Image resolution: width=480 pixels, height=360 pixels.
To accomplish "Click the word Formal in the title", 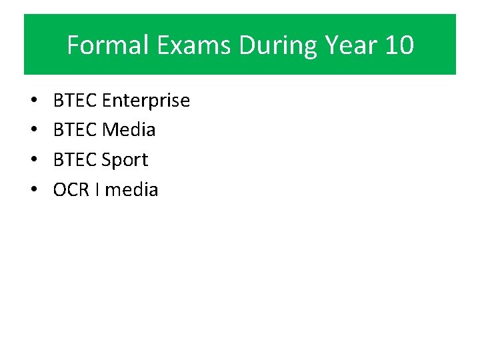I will (x=99, y=46).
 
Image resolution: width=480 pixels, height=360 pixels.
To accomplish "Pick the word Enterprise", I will (x=146, y=101).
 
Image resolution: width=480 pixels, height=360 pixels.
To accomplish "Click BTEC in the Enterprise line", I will (x=75, y=101).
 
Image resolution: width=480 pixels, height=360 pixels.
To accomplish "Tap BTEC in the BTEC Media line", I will (x=75, y=130).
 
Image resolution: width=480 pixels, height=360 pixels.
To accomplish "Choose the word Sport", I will (x=125, y=160).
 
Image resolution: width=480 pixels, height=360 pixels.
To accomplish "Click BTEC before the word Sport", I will (x=75, y=160).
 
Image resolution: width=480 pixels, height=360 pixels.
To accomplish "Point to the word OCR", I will (x=71, y=190).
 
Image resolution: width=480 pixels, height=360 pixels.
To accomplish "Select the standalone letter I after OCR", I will (x=97, y=190).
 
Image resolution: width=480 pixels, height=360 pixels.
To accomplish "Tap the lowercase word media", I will (x=131, y=190).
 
